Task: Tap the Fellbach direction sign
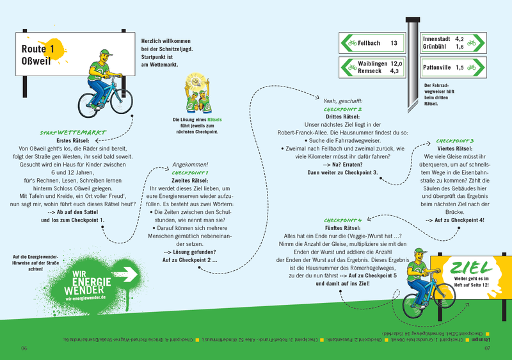coord(373,44)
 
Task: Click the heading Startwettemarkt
coord(72,133)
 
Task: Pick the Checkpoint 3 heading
coord(454,140)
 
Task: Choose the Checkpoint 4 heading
coord(343,220)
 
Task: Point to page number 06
coord(24,348)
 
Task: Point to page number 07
coord(486,348)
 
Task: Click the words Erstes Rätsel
coord(72,140)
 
